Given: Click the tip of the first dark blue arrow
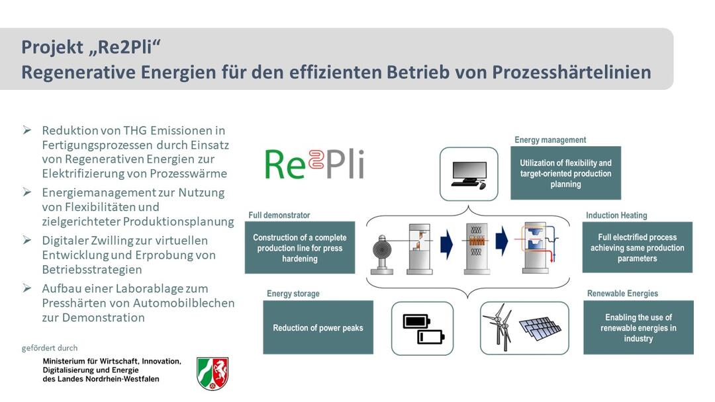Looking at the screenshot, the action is click(453, 244).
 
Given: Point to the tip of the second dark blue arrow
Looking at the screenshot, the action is click(508, 242).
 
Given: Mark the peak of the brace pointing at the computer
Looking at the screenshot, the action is click(468, 206).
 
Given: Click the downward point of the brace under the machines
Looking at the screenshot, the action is click(468, 298).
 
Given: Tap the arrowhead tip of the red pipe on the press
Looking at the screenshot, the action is click(552, 262).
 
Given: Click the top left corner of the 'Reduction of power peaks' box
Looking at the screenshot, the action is click(263, 300).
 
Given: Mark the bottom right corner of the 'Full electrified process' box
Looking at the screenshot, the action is click(692, 272).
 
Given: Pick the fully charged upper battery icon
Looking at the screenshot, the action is click(416, 321).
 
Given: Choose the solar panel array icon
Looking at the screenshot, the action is click(540, 329).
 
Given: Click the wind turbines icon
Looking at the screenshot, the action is click(501, 327).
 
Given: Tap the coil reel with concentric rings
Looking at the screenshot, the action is click(382, 250).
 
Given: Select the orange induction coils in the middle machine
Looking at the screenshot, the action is click(477, 241).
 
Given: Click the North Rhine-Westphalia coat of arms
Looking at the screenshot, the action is click(213, 374).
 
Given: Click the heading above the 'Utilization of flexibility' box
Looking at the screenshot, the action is click(550, 140).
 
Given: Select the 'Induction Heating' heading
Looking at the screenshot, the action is click(616, 216).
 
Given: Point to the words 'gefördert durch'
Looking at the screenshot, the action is click(50, 348).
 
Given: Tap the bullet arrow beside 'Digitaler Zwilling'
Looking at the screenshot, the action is click(27, 240).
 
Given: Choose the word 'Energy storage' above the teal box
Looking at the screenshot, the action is click(293, 294).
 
